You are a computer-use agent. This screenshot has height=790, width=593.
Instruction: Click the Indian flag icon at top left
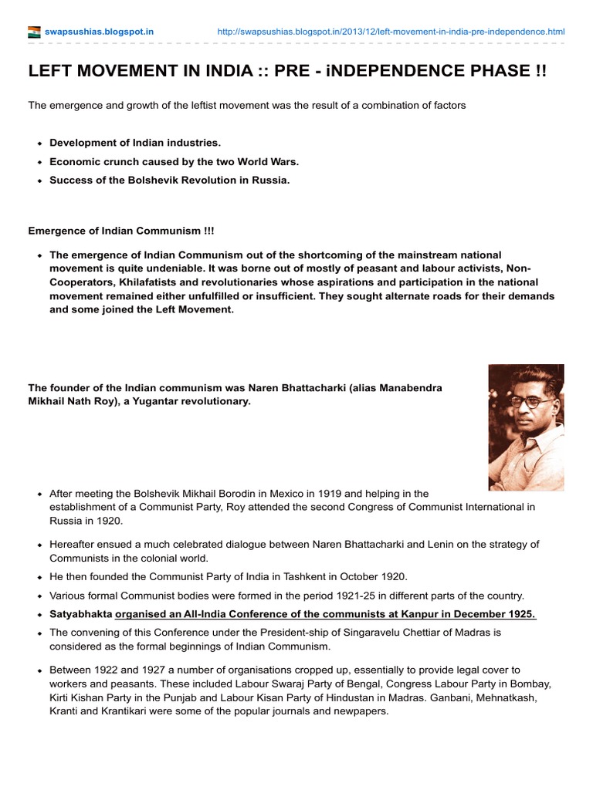click(x=34, y=32)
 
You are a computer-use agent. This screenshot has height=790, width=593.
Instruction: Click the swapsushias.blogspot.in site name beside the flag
click(x=99, y=32)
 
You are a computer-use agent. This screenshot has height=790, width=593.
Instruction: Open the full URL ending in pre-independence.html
click(x=391, y=32)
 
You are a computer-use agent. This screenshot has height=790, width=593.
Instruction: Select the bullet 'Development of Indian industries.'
click(x=135, y=143)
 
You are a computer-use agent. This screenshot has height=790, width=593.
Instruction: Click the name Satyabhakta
click(x=81, y=614)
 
